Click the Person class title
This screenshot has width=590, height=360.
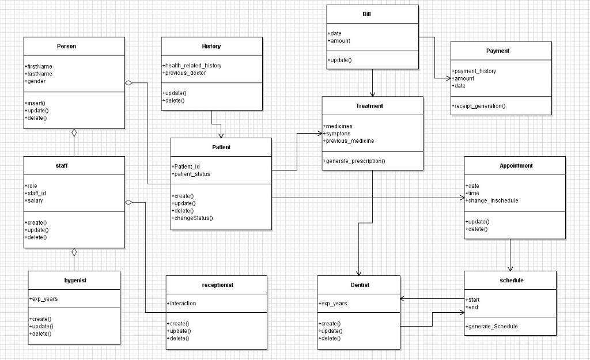point(66,46)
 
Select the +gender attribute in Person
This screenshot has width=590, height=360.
point(36,81)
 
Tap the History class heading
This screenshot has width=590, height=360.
point(211,46)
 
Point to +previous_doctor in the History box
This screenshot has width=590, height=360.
point(185,73)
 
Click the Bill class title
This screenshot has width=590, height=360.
point(367,14)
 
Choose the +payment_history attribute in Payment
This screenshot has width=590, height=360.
point(474,71)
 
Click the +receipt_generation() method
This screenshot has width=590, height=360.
point(479,106)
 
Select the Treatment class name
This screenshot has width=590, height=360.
point(369,106)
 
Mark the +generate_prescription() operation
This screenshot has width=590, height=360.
point(354,161)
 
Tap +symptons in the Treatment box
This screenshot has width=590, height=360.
point(337,134)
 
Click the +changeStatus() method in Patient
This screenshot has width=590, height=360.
point(192,218)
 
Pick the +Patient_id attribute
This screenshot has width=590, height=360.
point(186,166)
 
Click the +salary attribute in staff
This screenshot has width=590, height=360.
point(34,200)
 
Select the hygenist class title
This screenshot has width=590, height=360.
point(75,280)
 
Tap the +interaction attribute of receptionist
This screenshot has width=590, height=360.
point(182,303)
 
